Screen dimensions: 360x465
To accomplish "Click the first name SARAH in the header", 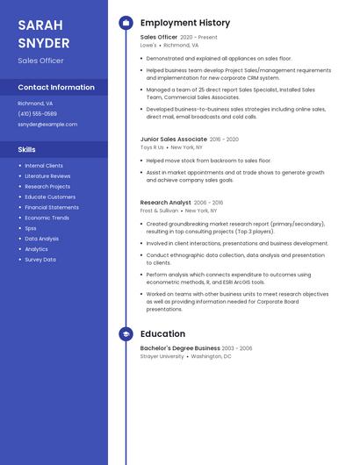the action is (40, 25).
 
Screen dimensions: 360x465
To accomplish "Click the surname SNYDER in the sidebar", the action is (44, 43).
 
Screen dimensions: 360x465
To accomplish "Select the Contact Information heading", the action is (56, 88).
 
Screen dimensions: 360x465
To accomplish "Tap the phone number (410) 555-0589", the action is (37, 114).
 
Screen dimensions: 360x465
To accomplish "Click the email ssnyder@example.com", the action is (47, 125).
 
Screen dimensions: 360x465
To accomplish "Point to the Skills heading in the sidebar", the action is (26, 150).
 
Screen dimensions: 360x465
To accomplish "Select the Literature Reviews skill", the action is (47, 176).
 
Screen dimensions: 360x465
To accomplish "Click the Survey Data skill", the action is (40, 260).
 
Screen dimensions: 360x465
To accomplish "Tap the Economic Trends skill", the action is (47, 218).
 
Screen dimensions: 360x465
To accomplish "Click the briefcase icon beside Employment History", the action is (126, 23).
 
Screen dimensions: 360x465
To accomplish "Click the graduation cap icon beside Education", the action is (126, 334).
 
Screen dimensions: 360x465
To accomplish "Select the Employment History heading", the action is (185, 23).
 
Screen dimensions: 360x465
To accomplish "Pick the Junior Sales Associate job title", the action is (174, 139).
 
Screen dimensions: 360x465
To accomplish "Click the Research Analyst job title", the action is (165, 203).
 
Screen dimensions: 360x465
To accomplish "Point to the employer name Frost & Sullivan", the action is (160, 211).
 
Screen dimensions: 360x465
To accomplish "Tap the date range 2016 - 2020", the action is (224, 139).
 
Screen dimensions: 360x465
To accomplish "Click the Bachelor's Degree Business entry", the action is (180, 348).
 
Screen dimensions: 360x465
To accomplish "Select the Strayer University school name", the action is (162, 356).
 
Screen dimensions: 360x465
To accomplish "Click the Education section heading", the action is (162, 334).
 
